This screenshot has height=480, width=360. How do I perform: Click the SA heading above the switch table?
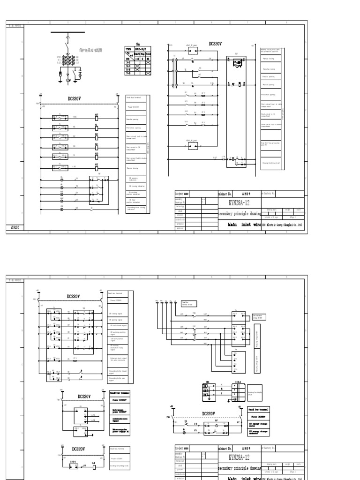138,43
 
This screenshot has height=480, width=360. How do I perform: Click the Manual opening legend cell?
271,85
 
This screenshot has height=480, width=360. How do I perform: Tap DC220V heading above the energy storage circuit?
209,413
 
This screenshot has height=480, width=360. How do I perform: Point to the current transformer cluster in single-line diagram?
67,61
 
